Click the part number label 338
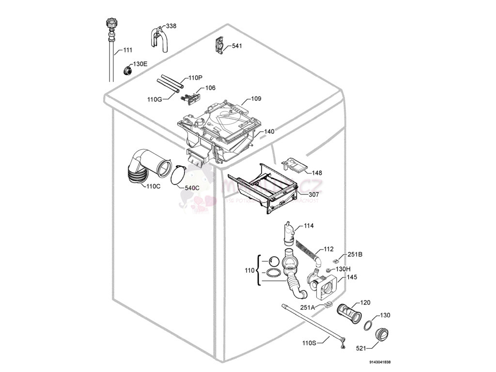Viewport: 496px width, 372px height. tap(171, 26)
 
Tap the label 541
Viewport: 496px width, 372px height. tap(237, 46)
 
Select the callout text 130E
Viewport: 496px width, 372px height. tap(140, 64)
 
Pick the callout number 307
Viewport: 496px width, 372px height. tap(314, 194)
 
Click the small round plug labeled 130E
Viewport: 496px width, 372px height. tap(128, 69)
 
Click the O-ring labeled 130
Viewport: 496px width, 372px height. tap(369, 325)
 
